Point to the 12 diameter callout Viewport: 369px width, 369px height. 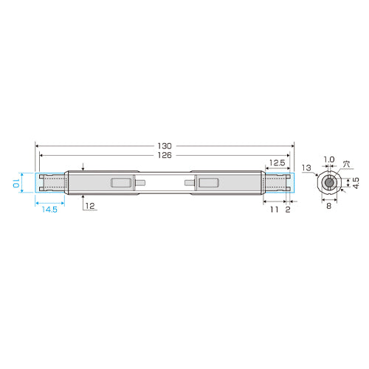tap(89, 207)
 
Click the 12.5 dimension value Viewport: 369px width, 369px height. tap(277, 162)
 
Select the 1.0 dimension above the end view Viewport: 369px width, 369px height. tap(329, 160)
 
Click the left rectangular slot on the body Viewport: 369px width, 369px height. tap(120, 183)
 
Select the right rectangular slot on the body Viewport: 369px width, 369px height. tap(206, 183)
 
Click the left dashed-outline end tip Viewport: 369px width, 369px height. tap(52, 183)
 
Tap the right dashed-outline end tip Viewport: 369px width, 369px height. tap(277, 183)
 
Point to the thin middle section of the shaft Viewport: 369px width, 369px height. tap(164, 183)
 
